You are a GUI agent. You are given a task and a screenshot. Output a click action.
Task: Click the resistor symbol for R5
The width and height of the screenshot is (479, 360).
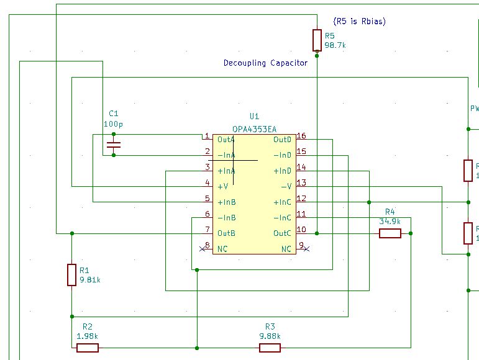pyautogui.click(x=317, y=40)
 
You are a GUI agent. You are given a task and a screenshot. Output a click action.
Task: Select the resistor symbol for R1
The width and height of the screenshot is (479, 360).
pyautogui.click(x=72, y=274)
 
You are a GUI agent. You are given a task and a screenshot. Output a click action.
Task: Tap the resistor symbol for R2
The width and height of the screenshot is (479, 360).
pyautogui.click(x=88, y=348)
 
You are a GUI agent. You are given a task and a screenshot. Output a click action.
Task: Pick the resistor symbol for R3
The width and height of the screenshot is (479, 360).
pyautogui.click(x=270, y=348)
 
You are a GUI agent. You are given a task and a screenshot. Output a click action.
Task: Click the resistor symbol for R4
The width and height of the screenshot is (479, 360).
pyautogui.click(x=390, y=233)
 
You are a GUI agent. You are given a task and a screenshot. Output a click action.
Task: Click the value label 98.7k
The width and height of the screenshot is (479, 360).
pyautogui.click(x=335, y=46)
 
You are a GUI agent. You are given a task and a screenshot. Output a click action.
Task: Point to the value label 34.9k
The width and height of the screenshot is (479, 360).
pyautogui.click(x=390, y=221)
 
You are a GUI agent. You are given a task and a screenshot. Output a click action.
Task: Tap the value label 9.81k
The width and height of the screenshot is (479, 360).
pyautogui.click(x=90, y=280)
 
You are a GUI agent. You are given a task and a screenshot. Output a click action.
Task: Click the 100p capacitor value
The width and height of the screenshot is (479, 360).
pyautogui.click(x=113, y=124)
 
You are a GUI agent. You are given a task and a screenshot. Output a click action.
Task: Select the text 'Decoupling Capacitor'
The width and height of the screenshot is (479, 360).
pyautogui.click(x=265, y=63)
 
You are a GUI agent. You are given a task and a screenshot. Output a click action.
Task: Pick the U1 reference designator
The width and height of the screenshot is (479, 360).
pyautogui.click(x=254, y=117)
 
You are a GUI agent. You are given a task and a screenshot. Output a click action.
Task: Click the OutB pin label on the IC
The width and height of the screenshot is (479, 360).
pyautogui.click(x=226, y=233)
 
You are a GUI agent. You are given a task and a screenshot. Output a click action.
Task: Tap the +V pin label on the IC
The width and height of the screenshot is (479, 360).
pyautogui.click(x=222, y=186)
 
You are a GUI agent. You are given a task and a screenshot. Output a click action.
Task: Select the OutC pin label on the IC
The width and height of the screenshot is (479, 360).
pyautogui.click(x=282, y=233)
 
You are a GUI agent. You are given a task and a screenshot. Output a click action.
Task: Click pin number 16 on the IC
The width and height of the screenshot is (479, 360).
pyautogui.click(x=301, y=136)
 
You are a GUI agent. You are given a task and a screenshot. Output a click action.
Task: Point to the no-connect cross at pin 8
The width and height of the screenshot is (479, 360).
pyautogui.click(x=203, y=249)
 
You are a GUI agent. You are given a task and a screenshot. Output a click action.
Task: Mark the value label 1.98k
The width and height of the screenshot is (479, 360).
pyautogui.click(x=88, y=336)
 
